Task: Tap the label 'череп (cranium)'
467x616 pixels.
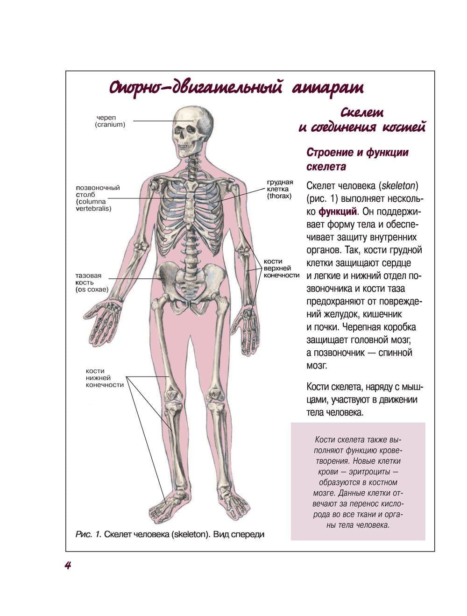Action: click(x=110, y=121)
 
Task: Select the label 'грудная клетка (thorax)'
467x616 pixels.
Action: click(x=280, y=189)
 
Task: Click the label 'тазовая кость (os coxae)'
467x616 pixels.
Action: click(x=92, y=283)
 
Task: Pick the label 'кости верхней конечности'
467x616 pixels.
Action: click(x=281, y=268)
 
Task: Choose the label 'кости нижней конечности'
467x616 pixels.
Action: click(x=105, y=378)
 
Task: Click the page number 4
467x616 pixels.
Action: click(x=68, y=565)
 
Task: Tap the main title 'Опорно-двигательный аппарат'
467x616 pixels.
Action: click(x=236, y=88)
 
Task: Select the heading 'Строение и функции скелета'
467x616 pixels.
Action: click(x=357, y=159)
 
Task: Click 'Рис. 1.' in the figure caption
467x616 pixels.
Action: click(x=88, y=535)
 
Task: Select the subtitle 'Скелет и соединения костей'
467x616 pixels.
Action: click(x=362, y=120)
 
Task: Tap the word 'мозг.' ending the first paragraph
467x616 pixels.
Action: click(x=317, y=365)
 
